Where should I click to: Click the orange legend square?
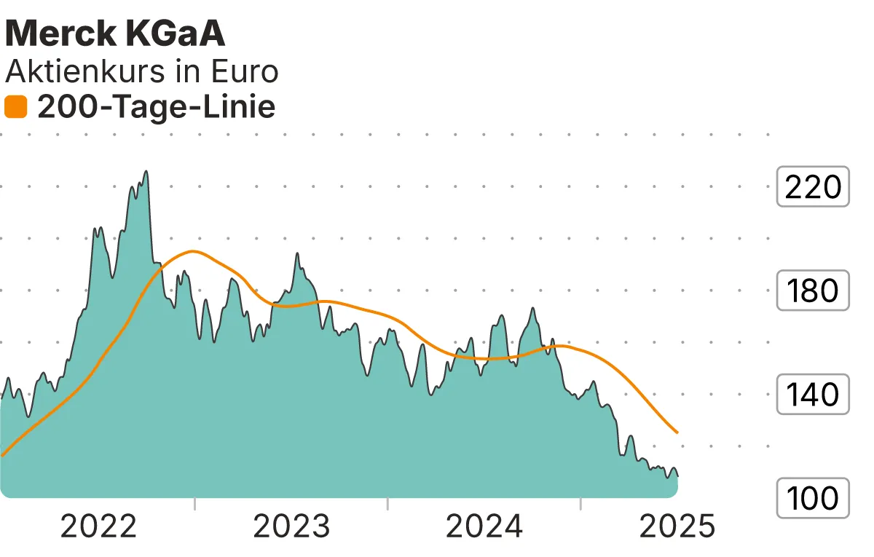[x=15, y=108]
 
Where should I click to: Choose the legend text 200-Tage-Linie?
[x=156, y=108]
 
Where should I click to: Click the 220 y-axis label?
[x=813, y=187]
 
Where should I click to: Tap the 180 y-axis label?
[x=813, y=291]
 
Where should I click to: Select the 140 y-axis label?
[x=813, y=395]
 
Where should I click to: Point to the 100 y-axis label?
[x=813, y=499]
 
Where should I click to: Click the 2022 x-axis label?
[x=98, y=526]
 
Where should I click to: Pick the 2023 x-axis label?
[x=291, y=526]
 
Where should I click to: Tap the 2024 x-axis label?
[x=484, y=526]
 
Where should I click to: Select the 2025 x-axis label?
[x=677, y=526]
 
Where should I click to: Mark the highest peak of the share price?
[x=146, y=172]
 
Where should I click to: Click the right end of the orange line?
[x=678, y=432]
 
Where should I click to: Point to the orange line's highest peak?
[x=192, y=251]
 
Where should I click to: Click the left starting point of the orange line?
[x=2, y=455]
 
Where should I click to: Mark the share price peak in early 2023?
[x=297, y=253]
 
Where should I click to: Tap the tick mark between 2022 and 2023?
[x=195, y=504]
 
